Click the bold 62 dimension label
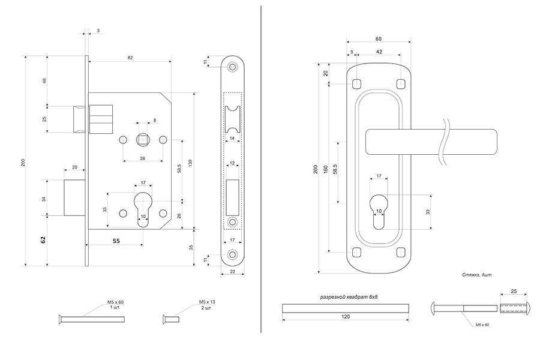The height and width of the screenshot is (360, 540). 43,239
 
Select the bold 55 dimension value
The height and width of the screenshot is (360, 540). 116,240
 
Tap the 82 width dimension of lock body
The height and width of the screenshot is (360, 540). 130,58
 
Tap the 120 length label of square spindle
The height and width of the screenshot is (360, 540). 346,316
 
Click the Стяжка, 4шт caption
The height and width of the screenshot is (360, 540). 477,274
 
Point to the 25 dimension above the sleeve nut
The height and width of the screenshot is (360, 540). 514,292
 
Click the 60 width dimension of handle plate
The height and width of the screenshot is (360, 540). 379,39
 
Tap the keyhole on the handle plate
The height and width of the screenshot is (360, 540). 378,211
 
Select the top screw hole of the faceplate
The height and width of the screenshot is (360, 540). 232,67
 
